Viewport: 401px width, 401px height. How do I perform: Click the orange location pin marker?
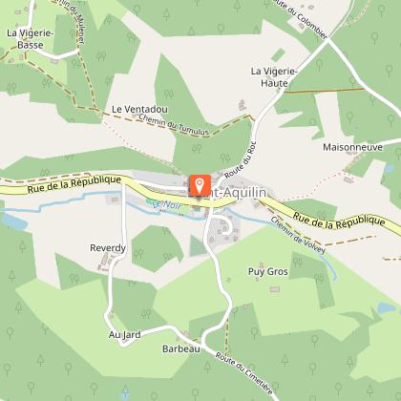pos(200,183)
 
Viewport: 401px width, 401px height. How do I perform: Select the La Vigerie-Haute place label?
pos(275,77)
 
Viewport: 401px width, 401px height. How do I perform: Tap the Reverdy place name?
pos(108,248)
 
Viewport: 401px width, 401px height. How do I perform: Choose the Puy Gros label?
pos(267,271)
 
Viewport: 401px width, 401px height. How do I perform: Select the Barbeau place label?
pos(179,349)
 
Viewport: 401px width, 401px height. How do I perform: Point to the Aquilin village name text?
pos(239,191)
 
